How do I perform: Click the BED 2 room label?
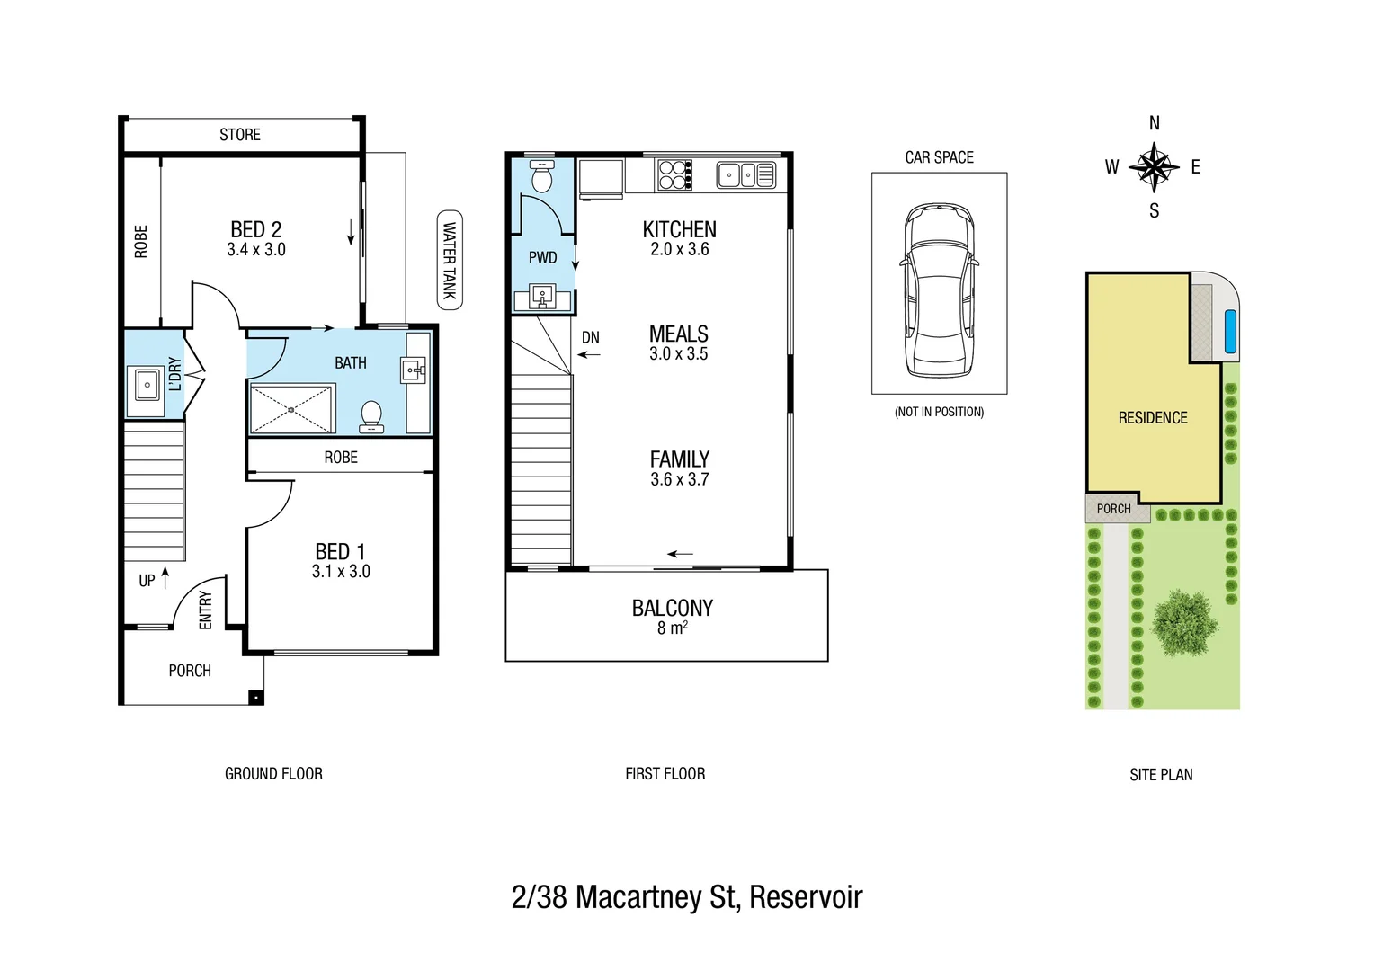coord(255,230)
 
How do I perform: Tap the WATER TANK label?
coord(450,260)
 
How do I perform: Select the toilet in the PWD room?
coord(541,177)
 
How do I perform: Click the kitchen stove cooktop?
coord(674,174)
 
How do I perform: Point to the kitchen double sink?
coord(745,174)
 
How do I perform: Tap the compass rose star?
coord(1154,167)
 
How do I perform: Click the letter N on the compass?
coord(1154,123)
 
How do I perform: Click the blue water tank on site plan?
coord(1230,331)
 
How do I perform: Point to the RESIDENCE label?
coord(1152,418)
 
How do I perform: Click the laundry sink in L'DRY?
coord(147,385)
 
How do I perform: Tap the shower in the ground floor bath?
coord(291,409)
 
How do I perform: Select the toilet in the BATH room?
coord(370,415)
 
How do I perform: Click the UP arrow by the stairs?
coord(165,577)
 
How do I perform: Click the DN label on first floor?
coord(590,338)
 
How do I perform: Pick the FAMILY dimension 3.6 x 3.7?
coord(679,480)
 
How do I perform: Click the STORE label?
coord(240,135)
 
